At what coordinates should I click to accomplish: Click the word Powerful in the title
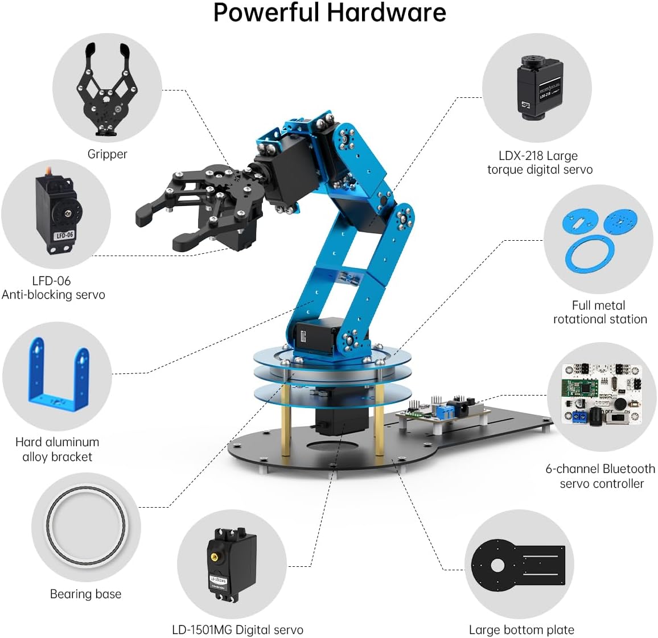265,13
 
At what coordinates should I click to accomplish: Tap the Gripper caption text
107,154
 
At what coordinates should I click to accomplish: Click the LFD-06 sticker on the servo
64,235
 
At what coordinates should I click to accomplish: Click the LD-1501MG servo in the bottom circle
225,563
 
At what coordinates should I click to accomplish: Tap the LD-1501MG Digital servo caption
237,630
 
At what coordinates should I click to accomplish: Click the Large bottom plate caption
521,630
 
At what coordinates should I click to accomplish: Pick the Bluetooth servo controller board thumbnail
602,394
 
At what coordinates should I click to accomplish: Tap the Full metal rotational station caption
599,312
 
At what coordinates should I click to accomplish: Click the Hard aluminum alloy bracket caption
57,449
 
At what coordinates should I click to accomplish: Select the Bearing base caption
85,594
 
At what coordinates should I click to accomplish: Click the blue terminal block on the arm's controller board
445,411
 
